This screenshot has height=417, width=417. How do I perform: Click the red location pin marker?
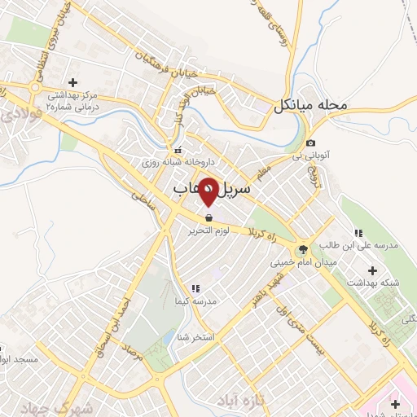tap(208, 192)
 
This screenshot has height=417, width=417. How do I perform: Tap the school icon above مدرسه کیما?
tap(195, 288)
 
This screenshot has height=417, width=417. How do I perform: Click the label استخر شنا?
tap(200, 336)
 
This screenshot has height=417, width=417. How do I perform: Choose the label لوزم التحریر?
tap(208, 231)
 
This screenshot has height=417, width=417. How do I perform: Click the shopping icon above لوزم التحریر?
tap(209, 218)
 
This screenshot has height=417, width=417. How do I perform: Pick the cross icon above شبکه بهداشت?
tap(374, 270)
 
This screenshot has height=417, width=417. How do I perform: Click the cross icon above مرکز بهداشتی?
tap(73, 83)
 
